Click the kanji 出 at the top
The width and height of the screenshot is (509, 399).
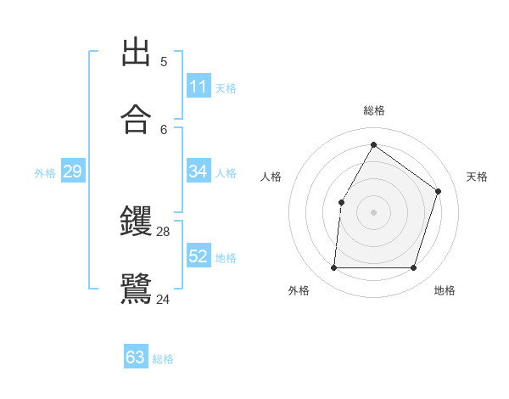(136, 52)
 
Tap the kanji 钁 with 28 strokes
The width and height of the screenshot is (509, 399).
(136, 222)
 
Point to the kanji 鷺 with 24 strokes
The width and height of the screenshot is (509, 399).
(136, 288)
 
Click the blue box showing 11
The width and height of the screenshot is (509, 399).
(199, 87)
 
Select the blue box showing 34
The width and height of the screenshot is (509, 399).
(199, 171)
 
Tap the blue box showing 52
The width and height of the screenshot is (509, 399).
(199, 256)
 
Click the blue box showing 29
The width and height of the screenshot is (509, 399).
(72, 172)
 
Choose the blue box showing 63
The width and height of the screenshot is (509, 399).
(136, 357)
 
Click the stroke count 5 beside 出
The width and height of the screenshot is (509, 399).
(164, 61)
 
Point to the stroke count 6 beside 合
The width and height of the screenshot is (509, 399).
(164, 129)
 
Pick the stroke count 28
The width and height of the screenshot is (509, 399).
(164, 231)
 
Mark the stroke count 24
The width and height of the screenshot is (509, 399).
(164, 298)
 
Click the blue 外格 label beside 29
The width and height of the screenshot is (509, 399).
(45, 173)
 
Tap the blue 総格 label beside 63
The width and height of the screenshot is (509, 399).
(164, 359)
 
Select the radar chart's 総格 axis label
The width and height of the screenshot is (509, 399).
(373, 110)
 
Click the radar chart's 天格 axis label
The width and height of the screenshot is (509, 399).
(477, 177)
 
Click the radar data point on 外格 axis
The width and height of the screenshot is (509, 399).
(333, 268)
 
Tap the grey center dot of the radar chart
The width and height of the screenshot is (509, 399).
(373, 212)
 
